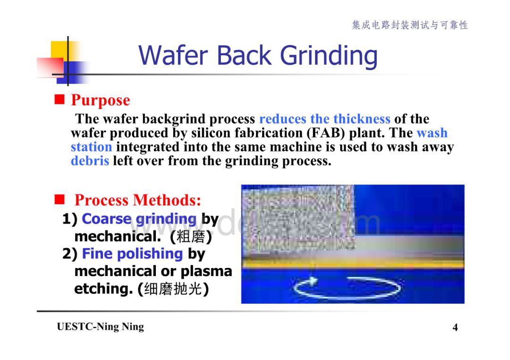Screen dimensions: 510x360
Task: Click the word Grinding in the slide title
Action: (x=329, y=56)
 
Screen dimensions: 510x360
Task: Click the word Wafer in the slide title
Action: (x=173, y=55)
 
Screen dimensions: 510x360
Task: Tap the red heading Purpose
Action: (x=101, y=100)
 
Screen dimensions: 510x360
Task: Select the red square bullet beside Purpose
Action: (x=59, y=99)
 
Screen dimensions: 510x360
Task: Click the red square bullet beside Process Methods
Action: (x=59, y=199)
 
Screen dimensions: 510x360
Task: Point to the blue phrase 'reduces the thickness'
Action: (x=324, y=119)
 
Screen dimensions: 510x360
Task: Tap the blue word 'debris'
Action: (x=90, y=161)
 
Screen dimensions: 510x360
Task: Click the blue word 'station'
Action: (x=92, y=147)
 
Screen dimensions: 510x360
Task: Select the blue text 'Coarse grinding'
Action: (x=139, y=219)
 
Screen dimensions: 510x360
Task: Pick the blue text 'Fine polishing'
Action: (x=132, y=254)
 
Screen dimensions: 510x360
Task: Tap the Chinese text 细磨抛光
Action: (x=173, y=289)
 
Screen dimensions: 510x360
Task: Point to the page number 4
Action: (x=455, y=327)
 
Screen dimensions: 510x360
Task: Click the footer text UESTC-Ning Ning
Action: (x=100, y=327)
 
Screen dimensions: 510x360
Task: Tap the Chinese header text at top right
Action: (x=410, y=25)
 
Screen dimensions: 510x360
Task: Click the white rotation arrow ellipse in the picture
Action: (x=347, y=297)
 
